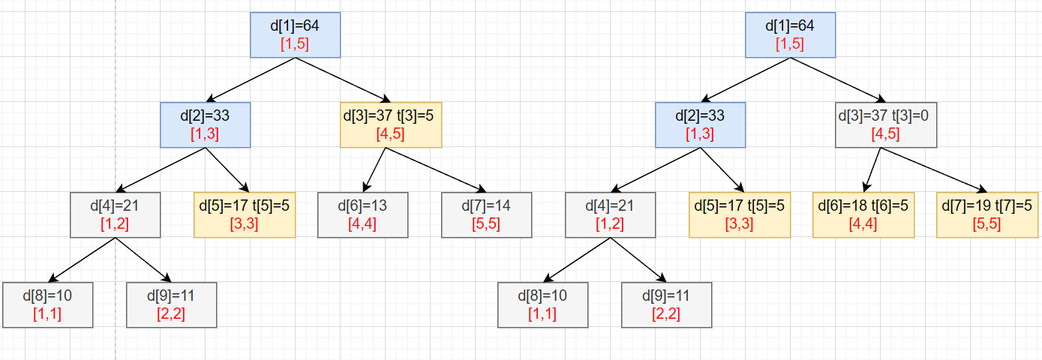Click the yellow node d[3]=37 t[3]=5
(x=390, y=124)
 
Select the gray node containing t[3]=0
(x=885, y=124)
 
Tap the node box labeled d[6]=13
(x=362, y=214)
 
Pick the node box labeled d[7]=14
(x=486, y=214)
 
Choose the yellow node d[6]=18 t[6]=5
(x=863, y=214)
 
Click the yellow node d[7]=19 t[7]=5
(x=988, y=214)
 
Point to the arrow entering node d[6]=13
(x=374, y=170)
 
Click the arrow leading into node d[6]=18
(x=872, y=170)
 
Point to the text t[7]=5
(x=1013, y=206)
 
